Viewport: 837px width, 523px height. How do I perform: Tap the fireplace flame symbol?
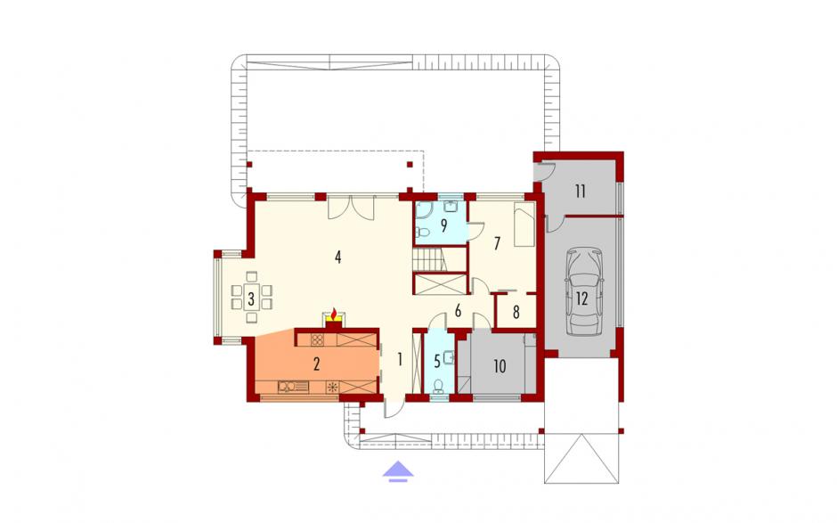(335, 314)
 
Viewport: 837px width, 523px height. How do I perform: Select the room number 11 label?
(581, 191)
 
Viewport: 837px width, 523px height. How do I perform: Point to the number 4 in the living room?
(337, 257)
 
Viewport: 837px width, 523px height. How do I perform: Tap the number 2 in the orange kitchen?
(316, 364)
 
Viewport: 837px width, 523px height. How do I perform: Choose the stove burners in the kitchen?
(318, 339)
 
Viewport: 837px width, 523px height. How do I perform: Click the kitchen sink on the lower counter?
(293, 387)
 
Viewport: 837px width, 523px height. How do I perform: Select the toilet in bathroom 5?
(439, 386)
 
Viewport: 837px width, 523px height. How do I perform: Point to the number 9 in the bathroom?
(443, 225)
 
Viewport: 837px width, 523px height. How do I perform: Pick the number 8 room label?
(516, 312)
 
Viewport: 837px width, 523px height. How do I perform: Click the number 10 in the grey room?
(500, 366)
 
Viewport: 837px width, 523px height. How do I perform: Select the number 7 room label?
(497, 243)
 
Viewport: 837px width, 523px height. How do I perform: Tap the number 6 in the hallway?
(458, 311)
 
